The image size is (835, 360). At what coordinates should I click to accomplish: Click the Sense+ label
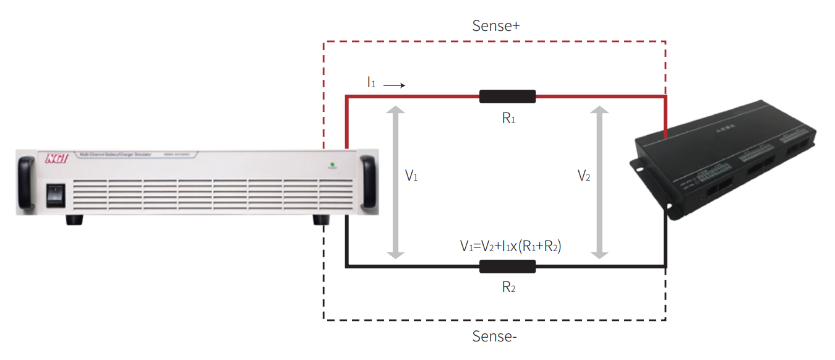tap(495, 26)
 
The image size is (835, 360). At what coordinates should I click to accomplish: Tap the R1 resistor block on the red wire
tap(507, 96)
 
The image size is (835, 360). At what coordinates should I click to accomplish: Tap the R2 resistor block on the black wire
tap(507, 267)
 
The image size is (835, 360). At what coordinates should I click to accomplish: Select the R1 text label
tap(508, 118)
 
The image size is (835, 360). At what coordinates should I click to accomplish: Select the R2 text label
tap(508, 288)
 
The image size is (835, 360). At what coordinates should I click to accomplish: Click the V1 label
tap(411, 176)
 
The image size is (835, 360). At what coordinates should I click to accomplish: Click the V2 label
tap(584, 176)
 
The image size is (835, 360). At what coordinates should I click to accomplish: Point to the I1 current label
tap(371, 82)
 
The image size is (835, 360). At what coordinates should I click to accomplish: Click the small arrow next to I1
tap(394, 85)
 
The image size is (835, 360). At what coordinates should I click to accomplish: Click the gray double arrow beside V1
tap(395, 182)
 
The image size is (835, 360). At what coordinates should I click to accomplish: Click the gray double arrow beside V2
tap(598, 182)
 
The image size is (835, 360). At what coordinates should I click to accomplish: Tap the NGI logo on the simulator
tap(56, 158)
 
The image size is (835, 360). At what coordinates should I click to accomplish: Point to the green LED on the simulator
tap(332, 165)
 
